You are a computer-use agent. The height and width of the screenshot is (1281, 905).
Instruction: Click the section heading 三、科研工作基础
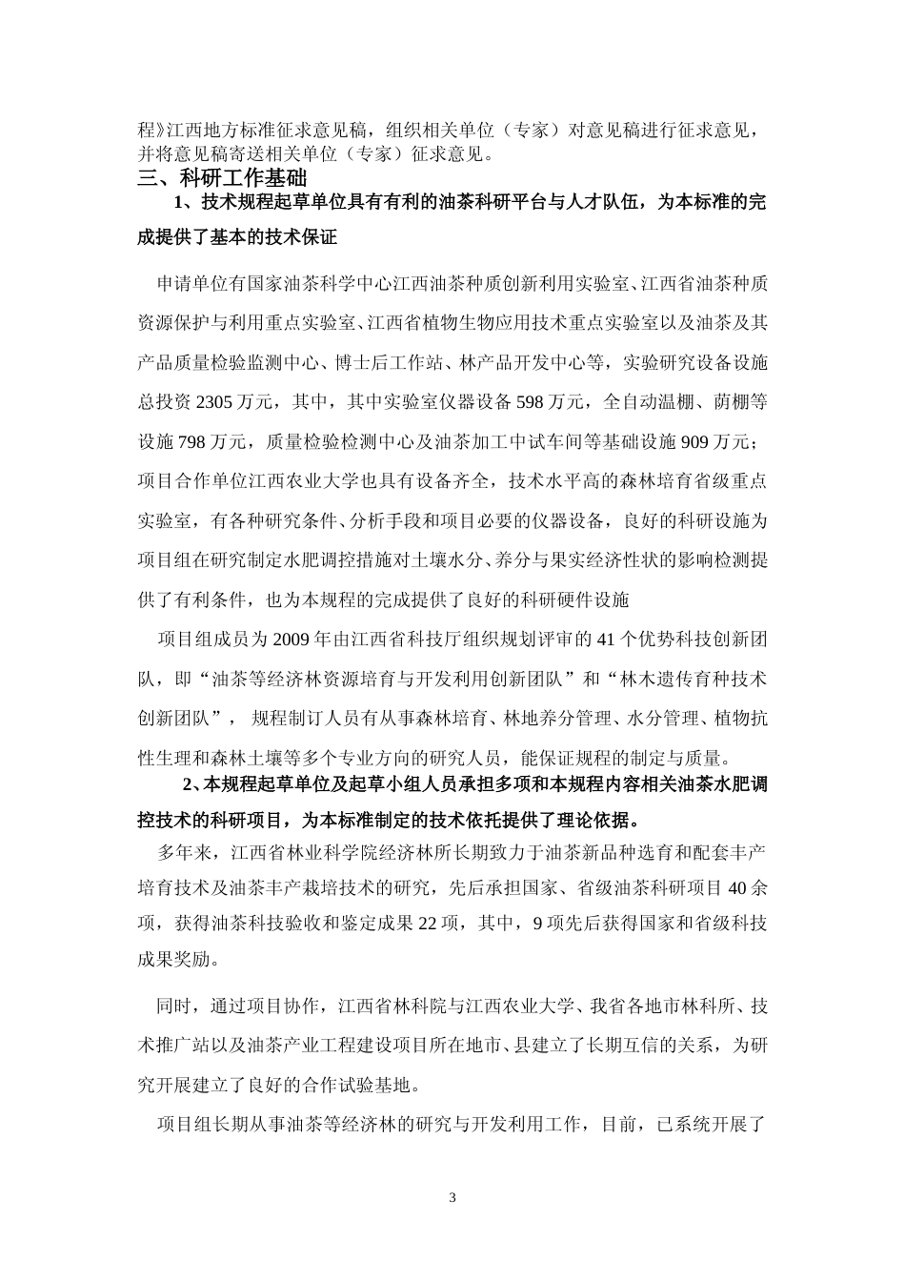[222, 177]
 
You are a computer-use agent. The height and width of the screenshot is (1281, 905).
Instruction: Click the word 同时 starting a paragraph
[172, 1005]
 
